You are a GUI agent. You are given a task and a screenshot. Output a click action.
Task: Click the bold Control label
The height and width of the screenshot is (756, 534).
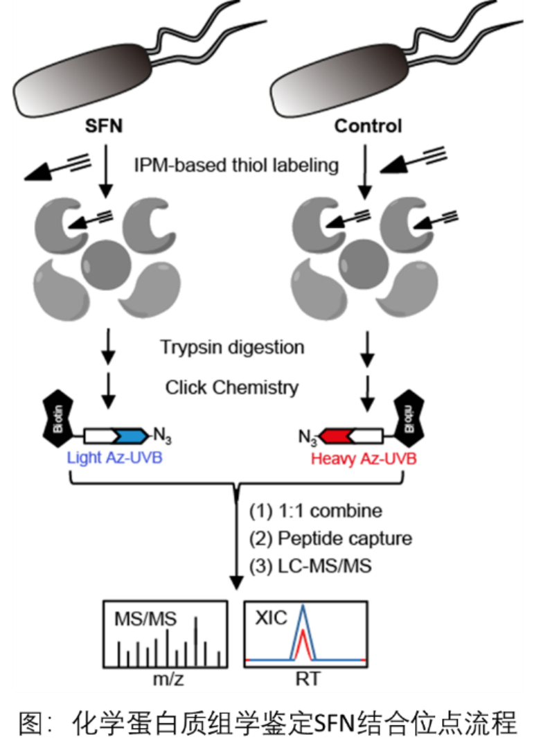[368, 126]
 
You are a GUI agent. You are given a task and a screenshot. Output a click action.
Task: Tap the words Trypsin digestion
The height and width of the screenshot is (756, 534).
[232, 346]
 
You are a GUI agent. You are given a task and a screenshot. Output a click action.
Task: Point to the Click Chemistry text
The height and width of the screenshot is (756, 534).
[232, 387]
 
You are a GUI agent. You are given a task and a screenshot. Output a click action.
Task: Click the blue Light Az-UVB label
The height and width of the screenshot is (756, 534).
[114, 458]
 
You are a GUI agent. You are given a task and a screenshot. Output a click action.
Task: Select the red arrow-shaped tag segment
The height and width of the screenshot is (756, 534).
[335, 436]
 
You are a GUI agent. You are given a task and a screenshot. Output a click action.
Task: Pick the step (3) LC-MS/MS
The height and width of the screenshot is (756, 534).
[310, 565]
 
